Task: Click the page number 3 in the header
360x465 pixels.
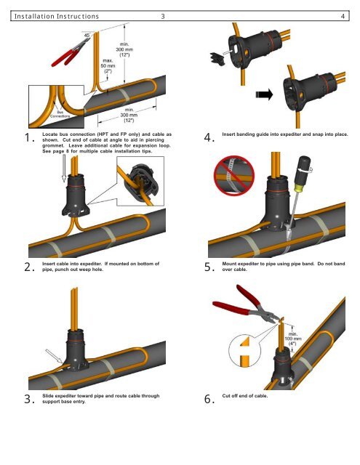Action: pyautogui.click(x=163, y=16)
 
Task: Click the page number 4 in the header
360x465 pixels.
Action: pyautogui.click(x=343, y=16)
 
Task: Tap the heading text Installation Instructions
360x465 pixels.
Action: pyautogui.click(x=57, y=16)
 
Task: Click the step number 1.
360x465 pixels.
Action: pyautogui.click(x=29, y=137)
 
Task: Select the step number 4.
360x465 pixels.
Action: pyautogui.click(x=209, y=137)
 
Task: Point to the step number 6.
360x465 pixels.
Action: pyautogui.click(x=209, y=399)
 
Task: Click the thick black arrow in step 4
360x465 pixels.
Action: pyautogui.click(x=264, y=94)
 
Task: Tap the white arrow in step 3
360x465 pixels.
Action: pyautogui.click(x=54, y=356)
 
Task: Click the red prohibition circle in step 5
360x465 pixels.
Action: pyautogui.click(x=234, y=176)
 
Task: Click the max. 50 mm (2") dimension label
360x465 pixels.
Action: pyautogui.click(x=108, y=66)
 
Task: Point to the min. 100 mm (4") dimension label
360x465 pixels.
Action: pyautogui.click(x=293, y=339)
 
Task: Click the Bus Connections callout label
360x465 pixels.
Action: pyautogui.click(x=60, y=114)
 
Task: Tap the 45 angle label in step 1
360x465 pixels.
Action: pyautogui.click(x=87, y=36)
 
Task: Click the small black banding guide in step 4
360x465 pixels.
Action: pyautogui.click(x=217, y=58)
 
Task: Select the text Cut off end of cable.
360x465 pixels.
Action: pyautogui.click(x=245, y=396)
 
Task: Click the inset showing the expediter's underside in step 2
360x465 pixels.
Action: pyautogui.click(x=140, y=181)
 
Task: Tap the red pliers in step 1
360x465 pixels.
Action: pyautogui.click(x=70, y=52)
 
